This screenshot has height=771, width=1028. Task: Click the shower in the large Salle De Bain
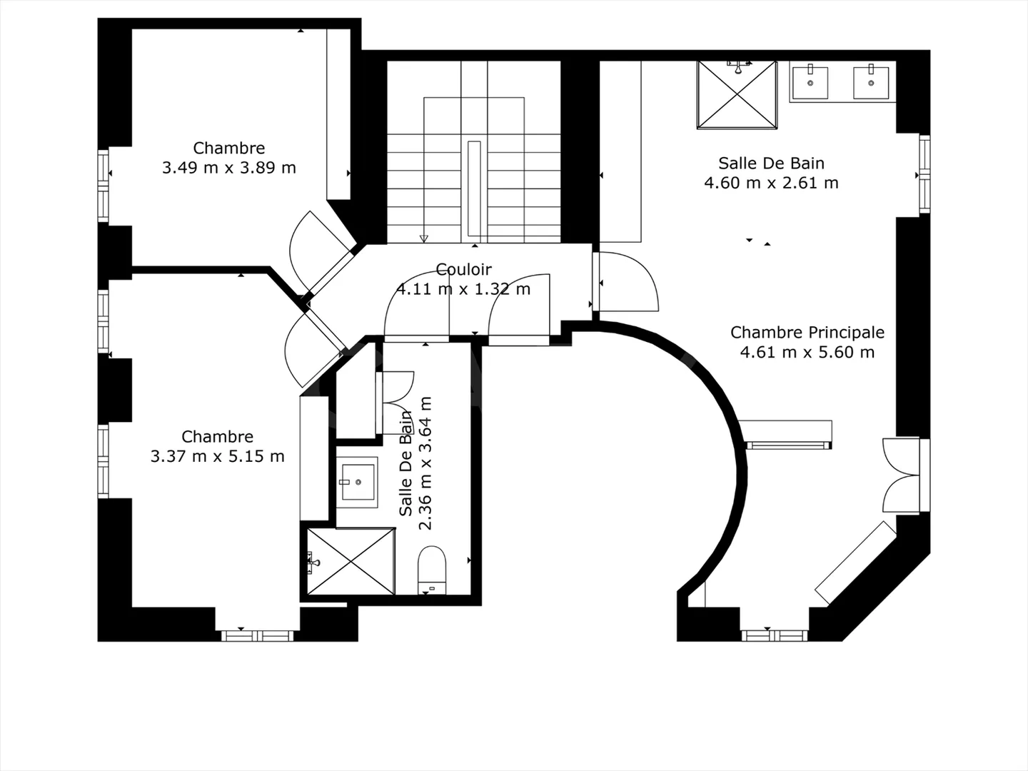[x=737, y=95]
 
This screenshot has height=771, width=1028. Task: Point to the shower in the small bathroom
[x=351, y=561]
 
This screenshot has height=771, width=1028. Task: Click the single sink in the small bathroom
[x=358, y=483]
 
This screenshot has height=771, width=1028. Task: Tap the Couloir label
[x=464, y=269]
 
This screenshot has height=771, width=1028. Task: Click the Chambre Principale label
[x=807, y=332]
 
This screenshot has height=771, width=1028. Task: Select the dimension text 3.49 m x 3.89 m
[x=228, y=168]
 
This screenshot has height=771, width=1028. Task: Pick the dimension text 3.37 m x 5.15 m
[x=217, y=456]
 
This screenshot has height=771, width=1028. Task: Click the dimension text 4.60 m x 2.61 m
[x=771, y=183]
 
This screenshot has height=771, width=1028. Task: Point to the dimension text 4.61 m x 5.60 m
[x=807, y=352]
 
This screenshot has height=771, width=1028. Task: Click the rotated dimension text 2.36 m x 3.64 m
[x=425, y=463]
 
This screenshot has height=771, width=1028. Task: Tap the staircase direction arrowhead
[x=423, y=238]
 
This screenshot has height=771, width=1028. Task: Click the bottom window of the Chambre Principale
[x=774, y=635]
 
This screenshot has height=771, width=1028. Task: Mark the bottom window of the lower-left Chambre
[x=256, y=635]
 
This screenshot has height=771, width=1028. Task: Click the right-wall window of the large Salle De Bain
[x=924, y=174]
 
